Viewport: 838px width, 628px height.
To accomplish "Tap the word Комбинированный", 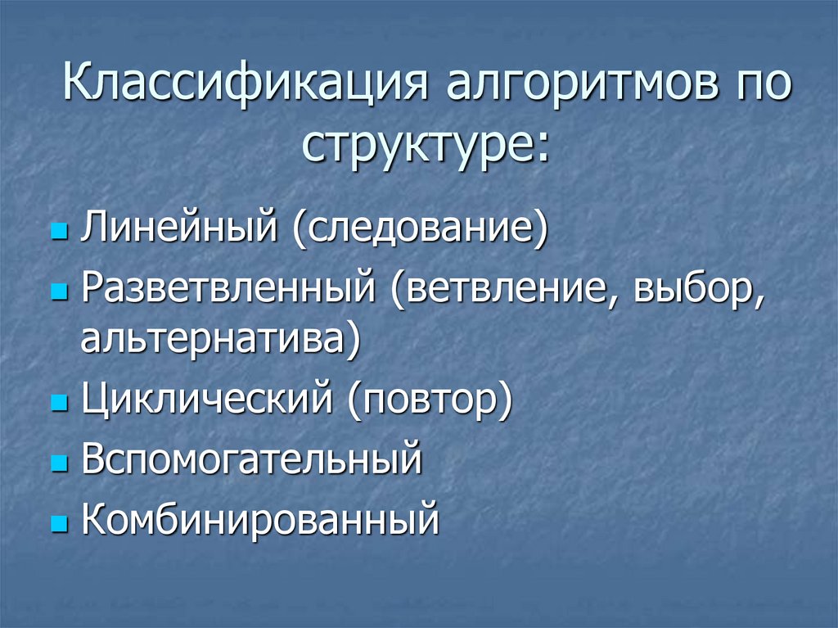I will coord(260,518).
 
